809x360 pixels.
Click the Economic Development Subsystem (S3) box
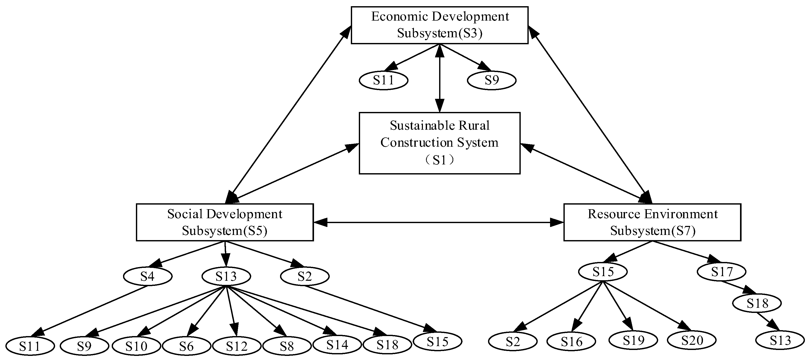point(439,25)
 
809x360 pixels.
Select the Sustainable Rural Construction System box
point(439,143)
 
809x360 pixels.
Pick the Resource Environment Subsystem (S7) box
point(652,222)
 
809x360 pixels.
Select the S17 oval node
point(722,272)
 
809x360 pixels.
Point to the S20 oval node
point(692,340)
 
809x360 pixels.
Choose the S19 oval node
point(633,340)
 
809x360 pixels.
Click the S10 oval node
point(136,346)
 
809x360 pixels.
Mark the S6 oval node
point(186,346)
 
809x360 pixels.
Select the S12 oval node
point(237,346)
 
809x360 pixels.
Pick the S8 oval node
point(287,346)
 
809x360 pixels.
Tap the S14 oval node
point(337,345)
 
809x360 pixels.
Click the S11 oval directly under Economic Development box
point(384,80)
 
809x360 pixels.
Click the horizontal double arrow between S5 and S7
point(438,223)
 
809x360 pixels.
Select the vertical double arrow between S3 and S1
point(439,78)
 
